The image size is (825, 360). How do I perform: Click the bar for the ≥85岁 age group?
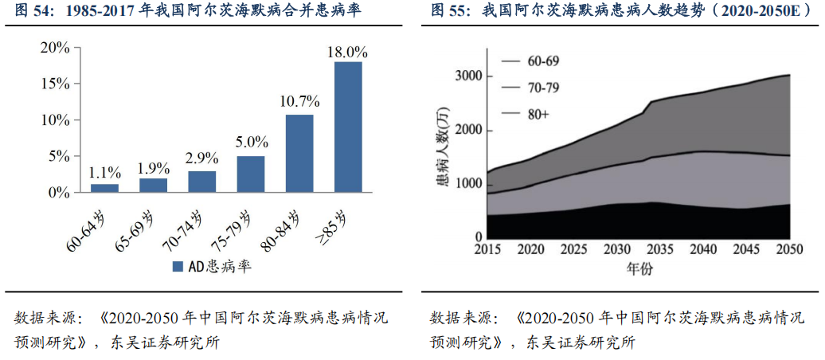[348, 127]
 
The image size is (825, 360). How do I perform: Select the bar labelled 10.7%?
[299, 153]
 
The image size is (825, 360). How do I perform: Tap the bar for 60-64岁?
[104, 188]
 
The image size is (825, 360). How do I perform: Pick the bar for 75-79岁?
[251, 174]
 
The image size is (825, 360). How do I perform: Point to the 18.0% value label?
[348, 52]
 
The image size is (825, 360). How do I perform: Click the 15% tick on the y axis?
[55, 84]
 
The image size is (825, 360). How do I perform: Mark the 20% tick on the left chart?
[55, 47]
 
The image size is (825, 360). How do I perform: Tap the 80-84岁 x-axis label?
[283, 228]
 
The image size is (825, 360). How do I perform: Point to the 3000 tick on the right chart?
[467, 76]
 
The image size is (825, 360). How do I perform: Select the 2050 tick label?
[788, 249]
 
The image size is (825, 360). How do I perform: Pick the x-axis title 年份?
[639, 268]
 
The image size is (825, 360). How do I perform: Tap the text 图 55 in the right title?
[448, 10]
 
